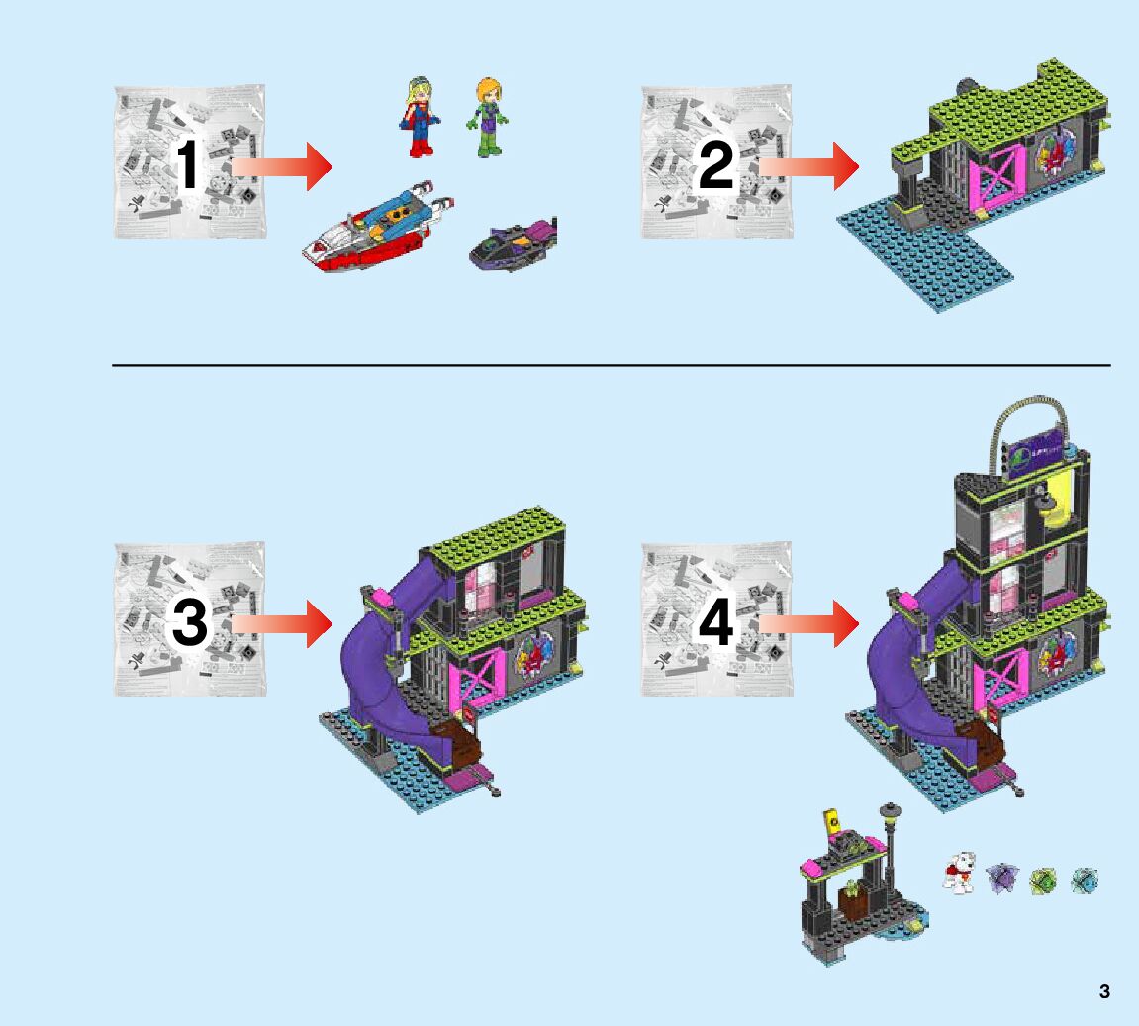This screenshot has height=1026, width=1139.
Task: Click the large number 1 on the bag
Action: pyautogui.click(x=188, y=165)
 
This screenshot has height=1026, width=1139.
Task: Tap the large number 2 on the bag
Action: pyautogui.click(x=715, y=165)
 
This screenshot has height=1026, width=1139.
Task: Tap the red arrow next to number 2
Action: pyautogui.click(x=810, y=167)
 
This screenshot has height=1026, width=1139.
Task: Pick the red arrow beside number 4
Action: pyautogui.click(x=810, y=625)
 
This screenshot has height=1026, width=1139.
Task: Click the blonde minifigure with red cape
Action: pyautogui.click(x=419, y=117)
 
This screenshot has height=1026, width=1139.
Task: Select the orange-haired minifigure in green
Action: pyautogui.click(x=488, y=118)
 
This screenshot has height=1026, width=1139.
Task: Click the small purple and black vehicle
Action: pyautogui.click(x=513, y=245)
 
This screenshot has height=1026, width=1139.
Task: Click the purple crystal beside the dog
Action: pyautogui.click(x=1001, y=878)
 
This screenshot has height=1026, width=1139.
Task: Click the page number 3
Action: pyautogui.click(x=1104, y=991)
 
